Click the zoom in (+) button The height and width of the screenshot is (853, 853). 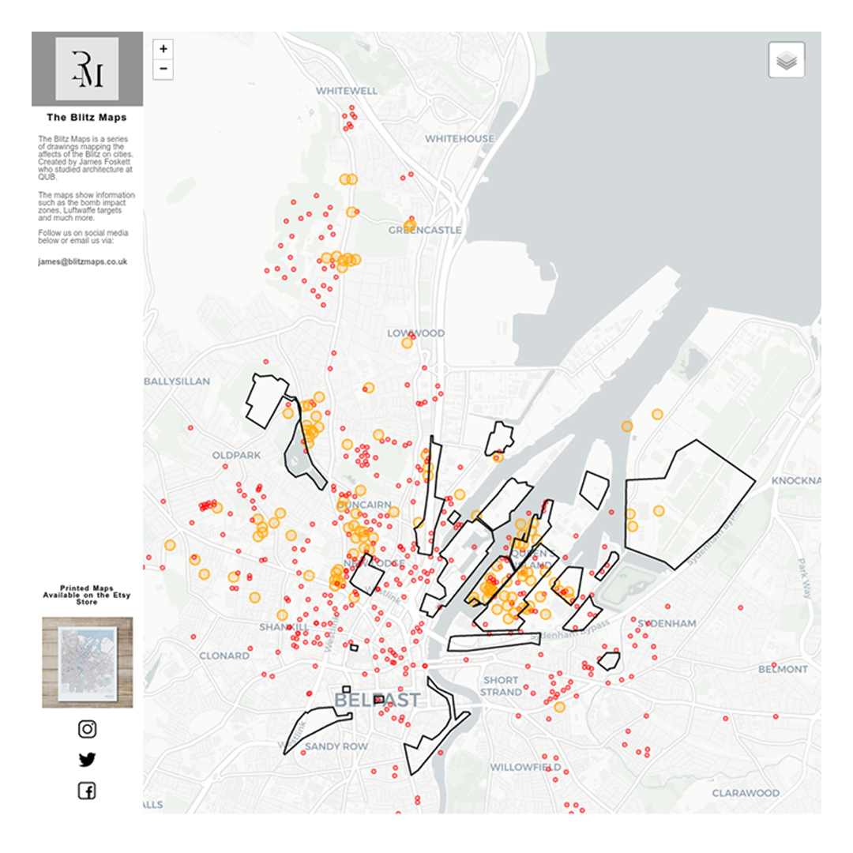[163, 49]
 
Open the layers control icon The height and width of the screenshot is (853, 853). [786, 60]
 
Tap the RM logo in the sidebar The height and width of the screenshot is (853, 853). [87, 69]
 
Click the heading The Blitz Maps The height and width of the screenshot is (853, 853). [87, 118]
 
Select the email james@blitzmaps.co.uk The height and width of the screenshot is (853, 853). [82, 261]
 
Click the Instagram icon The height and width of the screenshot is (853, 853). [87, 729]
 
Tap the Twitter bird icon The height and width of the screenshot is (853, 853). [87, 760]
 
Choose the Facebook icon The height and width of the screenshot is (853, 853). [87, 791]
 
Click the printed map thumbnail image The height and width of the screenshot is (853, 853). [87, 663]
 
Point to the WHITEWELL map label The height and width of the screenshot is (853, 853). [347, 91]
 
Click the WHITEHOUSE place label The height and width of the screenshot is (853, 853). [460, 139]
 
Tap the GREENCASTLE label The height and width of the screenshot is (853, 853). [425, 230]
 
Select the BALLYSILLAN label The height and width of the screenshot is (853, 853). [177, 381]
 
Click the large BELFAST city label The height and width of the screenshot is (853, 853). [377, 700]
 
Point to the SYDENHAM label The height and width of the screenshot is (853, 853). [667, 624]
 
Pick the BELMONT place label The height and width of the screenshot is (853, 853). [783, 669]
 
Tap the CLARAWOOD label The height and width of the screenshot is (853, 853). [746, 793]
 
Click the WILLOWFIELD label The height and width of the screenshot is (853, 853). [525, 767]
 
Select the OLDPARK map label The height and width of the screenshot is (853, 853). [236, 456]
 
